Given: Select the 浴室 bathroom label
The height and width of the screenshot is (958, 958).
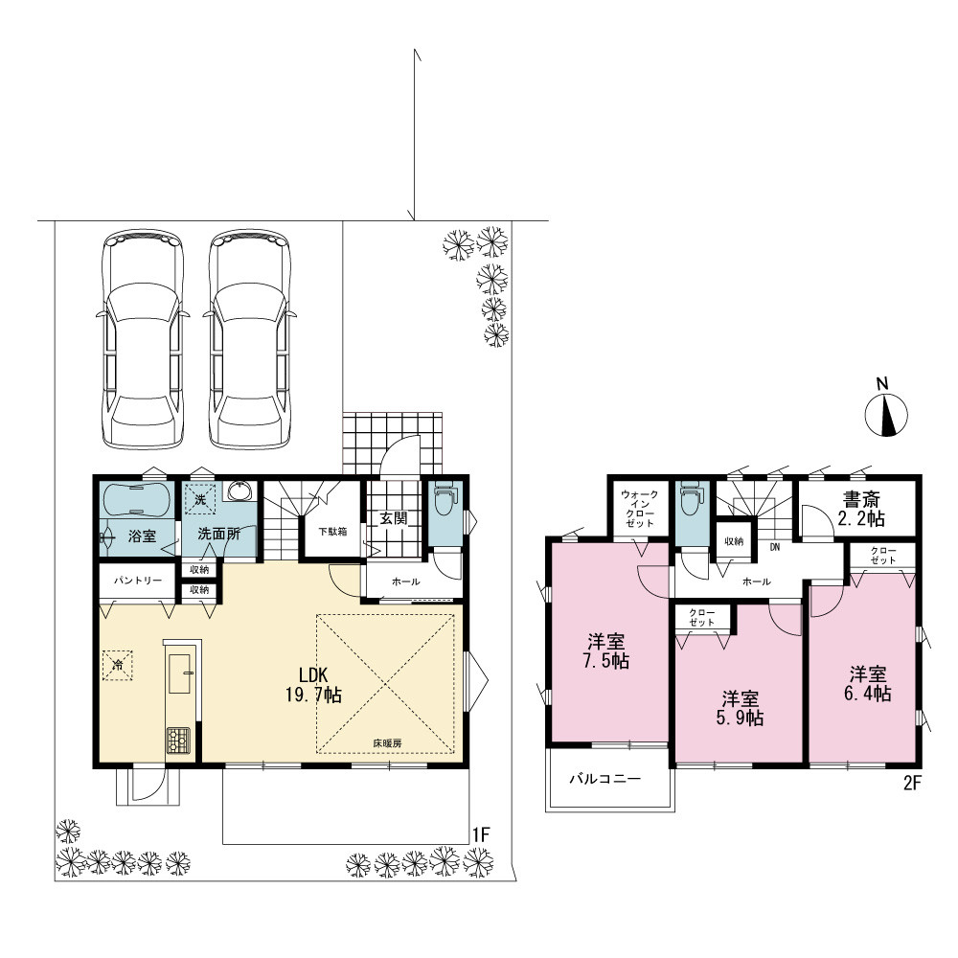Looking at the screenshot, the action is (x=143, y=536).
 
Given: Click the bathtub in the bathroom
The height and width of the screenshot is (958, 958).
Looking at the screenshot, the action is (x=136, y=500).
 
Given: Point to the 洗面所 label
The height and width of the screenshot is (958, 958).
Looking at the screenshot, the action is (x=218, y=534).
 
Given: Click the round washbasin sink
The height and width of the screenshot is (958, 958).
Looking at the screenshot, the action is (x=239, y=490).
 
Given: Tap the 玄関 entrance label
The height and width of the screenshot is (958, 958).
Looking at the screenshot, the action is (x=394, y=518).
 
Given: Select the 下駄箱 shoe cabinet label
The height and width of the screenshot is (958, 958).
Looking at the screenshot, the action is (x=333, y=532).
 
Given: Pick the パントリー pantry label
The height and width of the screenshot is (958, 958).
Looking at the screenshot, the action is (x=138, y=580).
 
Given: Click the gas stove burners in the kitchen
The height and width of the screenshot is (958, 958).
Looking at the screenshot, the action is (x=178, y=740).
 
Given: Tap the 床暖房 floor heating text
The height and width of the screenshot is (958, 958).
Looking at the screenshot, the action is (x=387, y=743).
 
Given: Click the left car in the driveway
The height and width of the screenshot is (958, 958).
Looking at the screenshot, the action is (x=143, y=339).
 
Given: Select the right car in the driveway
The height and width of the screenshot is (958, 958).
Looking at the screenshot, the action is (x=249, y=339).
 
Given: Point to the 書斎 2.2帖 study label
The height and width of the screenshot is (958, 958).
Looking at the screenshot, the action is (x=861, y=510).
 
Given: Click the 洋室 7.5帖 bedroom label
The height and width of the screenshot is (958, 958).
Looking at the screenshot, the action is (x=606, y=651).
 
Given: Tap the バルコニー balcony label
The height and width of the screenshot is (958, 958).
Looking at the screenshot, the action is (x=605, y=779).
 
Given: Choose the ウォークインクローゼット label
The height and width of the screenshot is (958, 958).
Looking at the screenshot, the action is (x=640, y=509).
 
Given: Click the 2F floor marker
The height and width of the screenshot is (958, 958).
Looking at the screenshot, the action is (x=912, y=784).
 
